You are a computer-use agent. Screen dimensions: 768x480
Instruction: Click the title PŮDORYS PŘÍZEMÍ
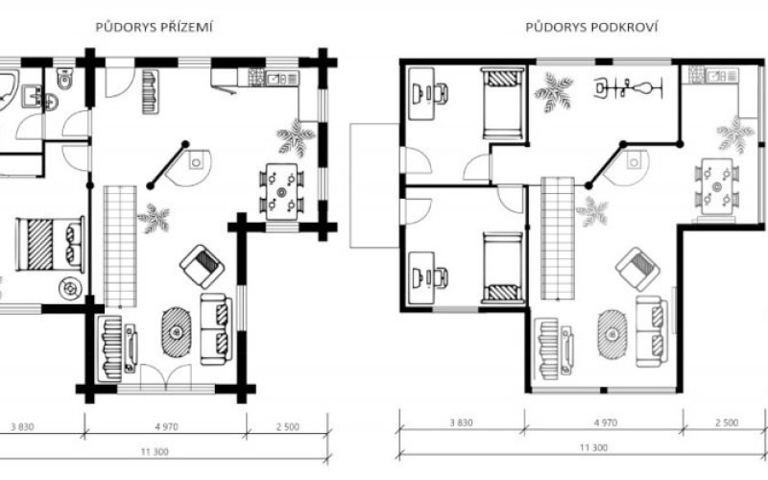(154, 27)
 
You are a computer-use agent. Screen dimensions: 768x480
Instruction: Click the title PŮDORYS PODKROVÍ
(591, 27)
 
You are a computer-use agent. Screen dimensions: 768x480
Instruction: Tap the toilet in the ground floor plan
(64, 78)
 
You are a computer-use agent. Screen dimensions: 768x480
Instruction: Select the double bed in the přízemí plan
(51, 244)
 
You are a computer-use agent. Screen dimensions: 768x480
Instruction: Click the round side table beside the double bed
(70, 288)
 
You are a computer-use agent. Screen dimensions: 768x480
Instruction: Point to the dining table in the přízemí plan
(281, 191)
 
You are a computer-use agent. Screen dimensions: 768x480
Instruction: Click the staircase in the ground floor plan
(120, 246)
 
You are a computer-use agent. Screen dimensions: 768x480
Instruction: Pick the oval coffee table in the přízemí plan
(176, 332)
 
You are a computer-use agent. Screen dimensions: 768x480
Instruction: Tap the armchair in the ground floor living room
(203, 267)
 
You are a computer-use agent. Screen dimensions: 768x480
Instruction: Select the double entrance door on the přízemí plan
(165, 377)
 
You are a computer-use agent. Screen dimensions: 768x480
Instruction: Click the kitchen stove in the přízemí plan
(256, 78)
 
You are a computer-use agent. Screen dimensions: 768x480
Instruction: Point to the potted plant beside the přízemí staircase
(154, 219)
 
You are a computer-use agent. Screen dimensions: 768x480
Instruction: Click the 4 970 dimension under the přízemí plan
(166, 426)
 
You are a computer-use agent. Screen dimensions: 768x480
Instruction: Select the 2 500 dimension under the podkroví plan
(727, 422)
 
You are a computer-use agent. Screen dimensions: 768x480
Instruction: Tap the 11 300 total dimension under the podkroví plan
(593, 447)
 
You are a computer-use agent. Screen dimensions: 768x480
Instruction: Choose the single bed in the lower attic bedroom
(502, 268)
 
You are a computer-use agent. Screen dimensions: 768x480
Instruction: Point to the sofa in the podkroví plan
(652, 331)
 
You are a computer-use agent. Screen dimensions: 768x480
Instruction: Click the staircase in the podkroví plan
(558, 238)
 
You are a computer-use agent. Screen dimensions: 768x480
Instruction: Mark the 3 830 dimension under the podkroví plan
(462, 422)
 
